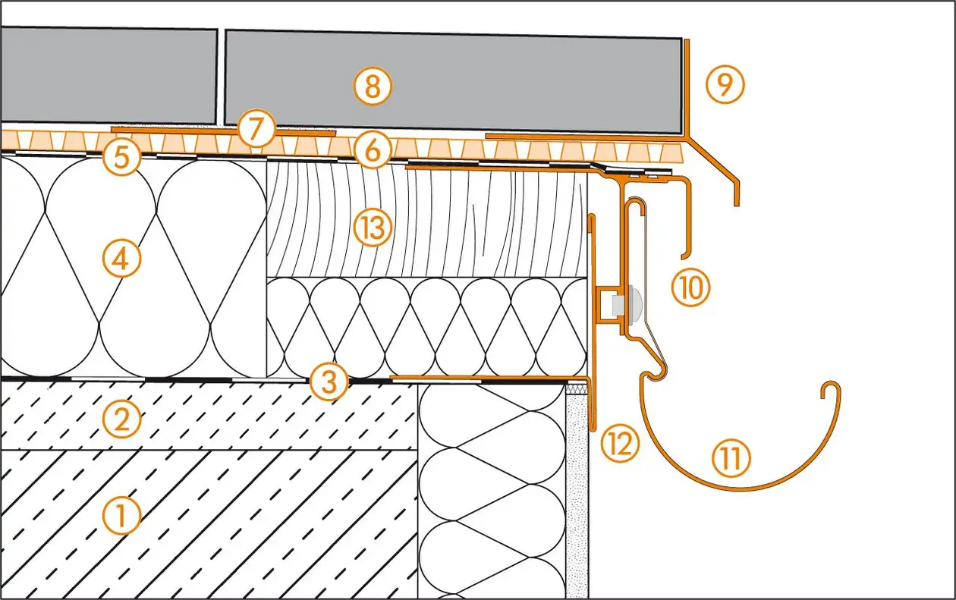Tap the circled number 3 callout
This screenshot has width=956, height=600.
click(x=329, y=382)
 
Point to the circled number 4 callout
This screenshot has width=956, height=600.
click(x=122, y=259)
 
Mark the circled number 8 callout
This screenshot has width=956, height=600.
click(x=372, y=87)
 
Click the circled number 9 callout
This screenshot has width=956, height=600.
click(x=725, y=85)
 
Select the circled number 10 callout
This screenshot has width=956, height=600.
click(x=690, y=287)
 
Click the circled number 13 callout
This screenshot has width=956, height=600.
click(x=372, y=227)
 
